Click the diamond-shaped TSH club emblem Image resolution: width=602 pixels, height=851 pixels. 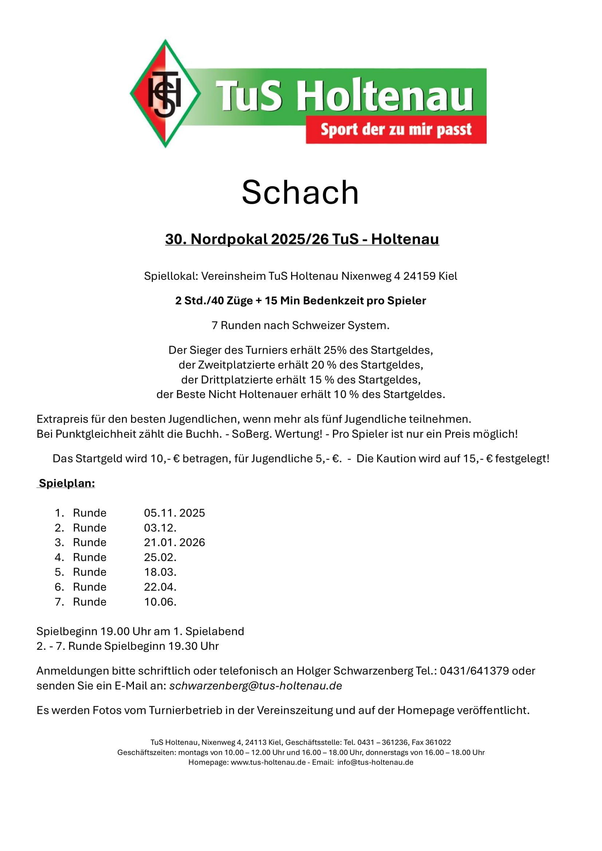(165, 94)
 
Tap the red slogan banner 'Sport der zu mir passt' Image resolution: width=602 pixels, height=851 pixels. (396, 130)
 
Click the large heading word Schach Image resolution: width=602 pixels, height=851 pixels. (300, 192)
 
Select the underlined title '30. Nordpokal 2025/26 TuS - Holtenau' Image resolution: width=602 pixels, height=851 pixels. (302, 239)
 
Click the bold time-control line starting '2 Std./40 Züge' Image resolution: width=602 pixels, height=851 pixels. (300, 301)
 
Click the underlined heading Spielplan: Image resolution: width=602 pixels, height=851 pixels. (67, 483)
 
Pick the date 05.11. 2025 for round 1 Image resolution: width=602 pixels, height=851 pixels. (174, 513)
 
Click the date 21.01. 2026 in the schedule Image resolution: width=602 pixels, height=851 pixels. (174, 542)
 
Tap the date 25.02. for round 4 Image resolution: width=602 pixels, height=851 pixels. (160, 557)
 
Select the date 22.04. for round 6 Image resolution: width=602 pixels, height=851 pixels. (160, 587)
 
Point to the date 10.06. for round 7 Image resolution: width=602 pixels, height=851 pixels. (160, 602)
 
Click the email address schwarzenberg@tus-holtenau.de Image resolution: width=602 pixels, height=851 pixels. (256, 686)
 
